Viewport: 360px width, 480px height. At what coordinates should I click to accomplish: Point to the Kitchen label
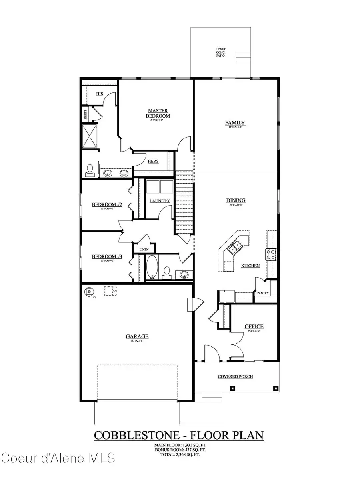point(250,266)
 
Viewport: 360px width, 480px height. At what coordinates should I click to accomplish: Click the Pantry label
point(263,293)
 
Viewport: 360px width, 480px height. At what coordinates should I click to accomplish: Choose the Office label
point(254,326)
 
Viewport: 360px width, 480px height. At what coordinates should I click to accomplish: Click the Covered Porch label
point(235,376)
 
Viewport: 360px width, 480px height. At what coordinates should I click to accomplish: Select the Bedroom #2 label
point(106,205)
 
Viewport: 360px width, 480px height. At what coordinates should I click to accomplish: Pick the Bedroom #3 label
point(106,256)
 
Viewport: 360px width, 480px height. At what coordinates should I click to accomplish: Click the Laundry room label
point(160,201)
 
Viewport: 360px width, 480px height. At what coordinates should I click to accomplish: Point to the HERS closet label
point(153,162)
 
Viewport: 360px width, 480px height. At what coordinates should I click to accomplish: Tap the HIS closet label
point(100,94)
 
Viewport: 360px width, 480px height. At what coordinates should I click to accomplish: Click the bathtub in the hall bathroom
point(152,267)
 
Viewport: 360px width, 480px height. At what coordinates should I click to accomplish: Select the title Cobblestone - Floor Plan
point(179,435)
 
